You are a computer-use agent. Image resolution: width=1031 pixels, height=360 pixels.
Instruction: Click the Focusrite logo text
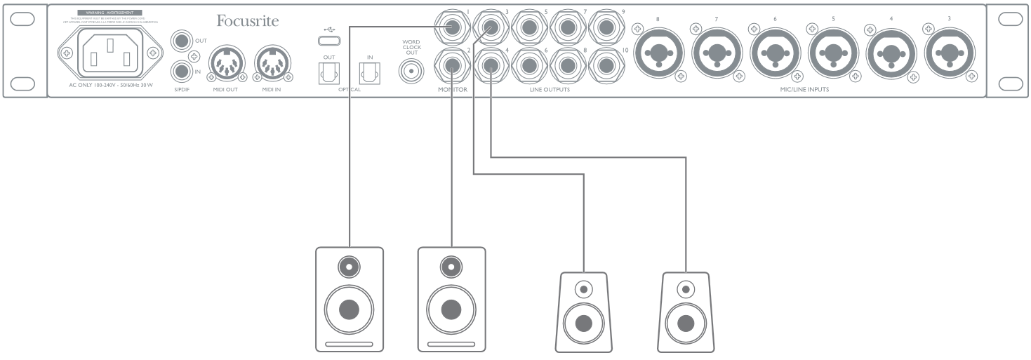[247, 21]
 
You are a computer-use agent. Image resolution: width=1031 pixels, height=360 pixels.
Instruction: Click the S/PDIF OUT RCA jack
[182, 41]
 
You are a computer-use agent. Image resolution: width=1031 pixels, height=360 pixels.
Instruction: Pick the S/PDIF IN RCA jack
[182, 71]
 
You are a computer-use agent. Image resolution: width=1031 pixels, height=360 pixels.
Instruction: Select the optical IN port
[369, 71]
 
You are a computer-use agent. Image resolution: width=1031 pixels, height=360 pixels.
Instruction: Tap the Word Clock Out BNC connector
[411, 71]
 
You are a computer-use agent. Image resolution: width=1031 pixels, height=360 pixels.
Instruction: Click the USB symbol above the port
[328, 30]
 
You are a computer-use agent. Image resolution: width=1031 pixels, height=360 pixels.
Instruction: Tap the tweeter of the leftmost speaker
[349, 267]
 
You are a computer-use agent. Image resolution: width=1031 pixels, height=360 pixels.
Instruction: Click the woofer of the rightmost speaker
[686, 324]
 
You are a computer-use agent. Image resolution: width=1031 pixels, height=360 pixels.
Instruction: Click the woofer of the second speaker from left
[451, 309]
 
